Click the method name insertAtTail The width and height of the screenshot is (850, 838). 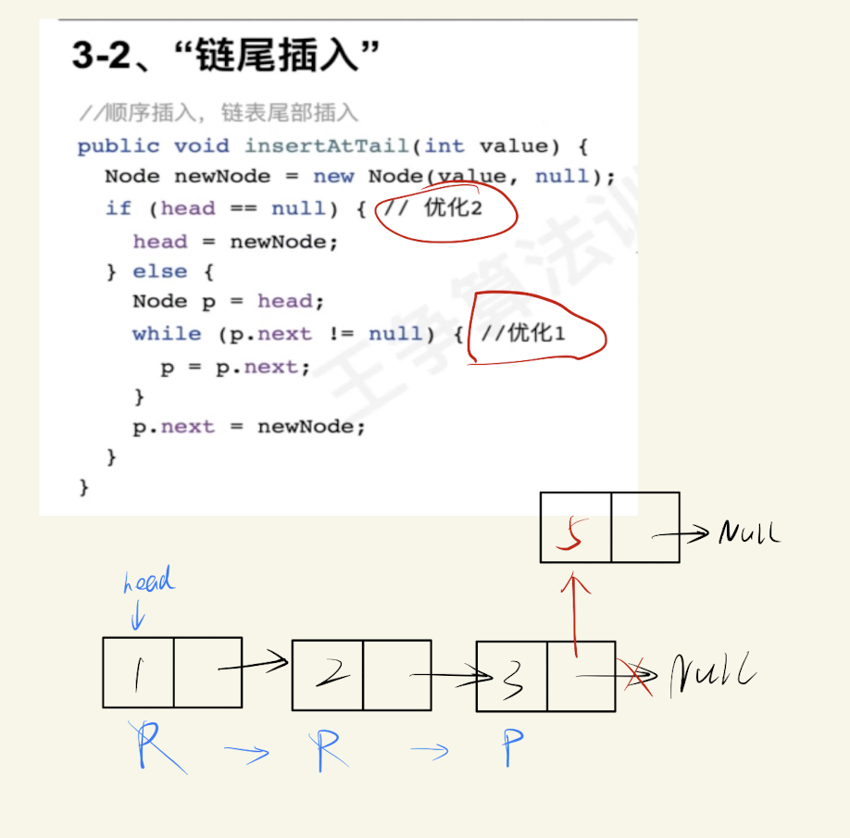[327, 145]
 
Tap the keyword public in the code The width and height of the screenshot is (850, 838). [119, 147]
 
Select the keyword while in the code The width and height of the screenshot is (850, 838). [167, 333]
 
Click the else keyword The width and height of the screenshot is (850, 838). [160, 271]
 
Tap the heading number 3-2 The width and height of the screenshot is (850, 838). [101, 56]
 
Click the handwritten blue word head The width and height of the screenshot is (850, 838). [149, 580]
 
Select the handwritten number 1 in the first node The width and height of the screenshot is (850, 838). [139, 675]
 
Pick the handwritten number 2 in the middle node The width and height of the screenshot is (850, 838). [332, 672]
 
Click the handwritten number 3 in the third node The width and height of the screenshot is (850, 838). [512, 681]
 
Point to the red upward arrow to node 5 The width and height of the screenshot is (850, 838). [575, 614]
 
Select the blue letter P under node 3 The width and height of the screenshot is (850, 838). [512, 747]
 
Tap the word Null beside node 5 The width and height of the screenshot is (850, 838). [749, 532]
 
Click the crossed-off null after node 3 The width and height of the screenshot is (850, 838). [712, 674]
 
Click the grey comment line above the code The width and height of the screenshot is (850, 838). [219, 113]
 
